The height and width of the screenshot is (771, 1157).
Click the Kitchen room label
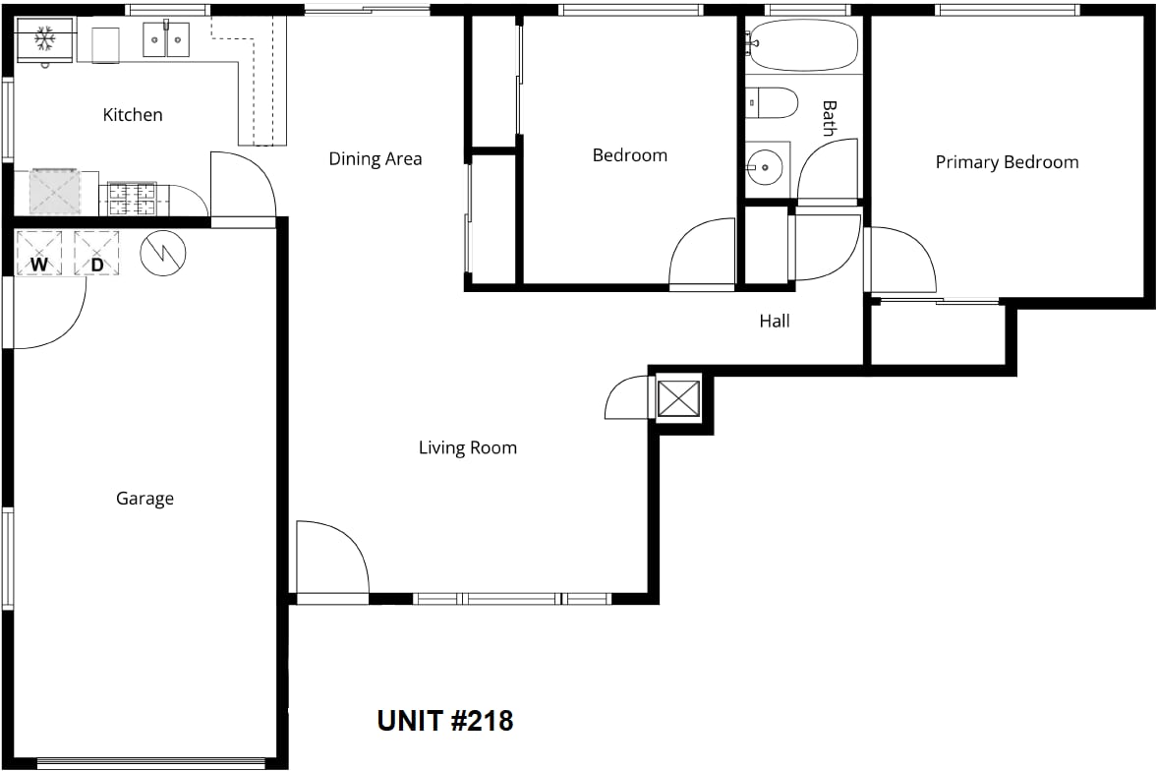click(x=133, y=114)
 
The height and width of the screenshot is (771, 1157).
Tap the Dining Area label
click(x=375, y=158)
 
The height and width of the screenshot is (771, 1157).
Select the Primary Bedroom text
click(x=1007, y=162)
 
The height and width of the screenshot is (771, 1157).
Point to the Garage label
click(x=145, y=499)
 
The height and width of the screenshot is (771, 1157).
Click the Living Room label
click(x=468, y=447)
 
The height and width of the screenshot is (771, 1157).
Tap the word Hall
click(x=774, y=321)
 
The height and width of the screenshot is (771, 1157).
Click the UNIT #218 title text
click(x=445, y=721)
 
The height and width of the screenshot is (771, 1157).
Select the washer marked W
click(x=39, y=254)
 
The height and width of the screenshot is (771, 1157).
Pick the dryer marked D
click(x=96, y=254)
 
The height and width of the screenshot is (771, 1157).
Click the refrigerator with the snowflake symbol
click(x=46, y=39)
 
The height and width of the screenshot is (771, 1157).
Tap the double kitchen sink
click(x=166, y=39)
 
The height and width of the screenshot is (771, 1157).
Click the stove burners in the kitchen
click(x=133, y=199)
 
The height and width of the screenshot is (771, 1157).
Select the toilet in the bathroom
click(x=772, y=103)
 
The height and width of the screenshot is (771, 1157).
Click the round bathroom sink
click(x=764, y=167)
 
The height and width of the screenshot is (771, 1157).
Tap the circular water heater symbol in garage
click(x=163, y=254)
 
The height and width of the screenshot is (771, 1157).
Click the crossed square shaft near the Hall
click(x=678, y=399)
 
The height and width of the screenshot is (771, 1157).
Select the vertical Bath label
click(x=830, y=119)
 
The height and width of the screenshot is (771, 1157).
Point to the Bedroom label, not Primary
click(x=630, y=155)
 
